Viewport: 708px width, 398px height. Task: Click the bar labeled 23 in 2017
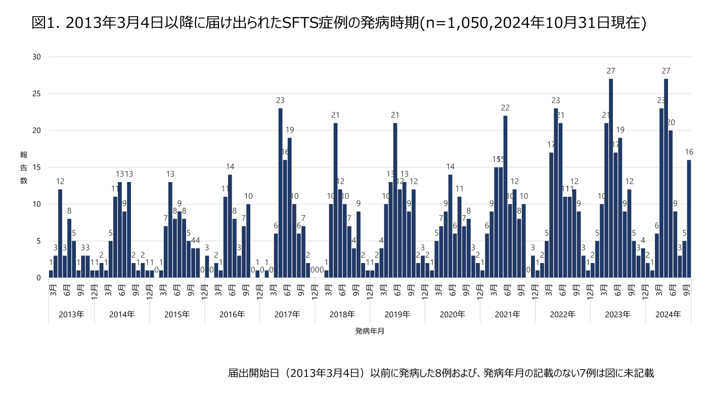(x=280, y=193)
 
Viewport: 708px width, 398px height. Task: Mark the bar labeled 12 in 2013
(x=60, y=233)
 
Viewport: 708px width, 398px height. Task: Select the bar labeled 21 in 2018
(x=335, y=200)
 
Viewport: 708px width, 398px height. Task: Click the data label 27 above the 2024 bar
(x=666, y=71)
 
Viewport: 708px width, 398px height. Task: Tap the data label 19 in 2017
(x=290, y=130)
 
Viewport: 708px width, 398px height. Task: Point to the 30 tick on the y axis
(x=36, y=57)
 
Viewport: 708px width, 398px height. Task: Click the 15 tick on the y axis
(x=36, y=167)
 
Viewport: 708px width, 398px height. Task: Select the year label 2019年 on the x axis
(x=397, y=314)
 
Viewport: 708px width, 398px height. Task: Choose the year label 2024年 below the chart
(x=668, y=314)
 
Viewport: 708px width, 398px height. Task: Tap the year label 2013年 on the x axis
(x=71, y=314)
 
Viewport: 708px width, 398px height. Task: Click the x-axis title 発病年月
(x=369, y=332)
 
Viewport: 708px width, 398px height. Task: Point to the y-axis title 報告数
(x=23, y=167)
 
